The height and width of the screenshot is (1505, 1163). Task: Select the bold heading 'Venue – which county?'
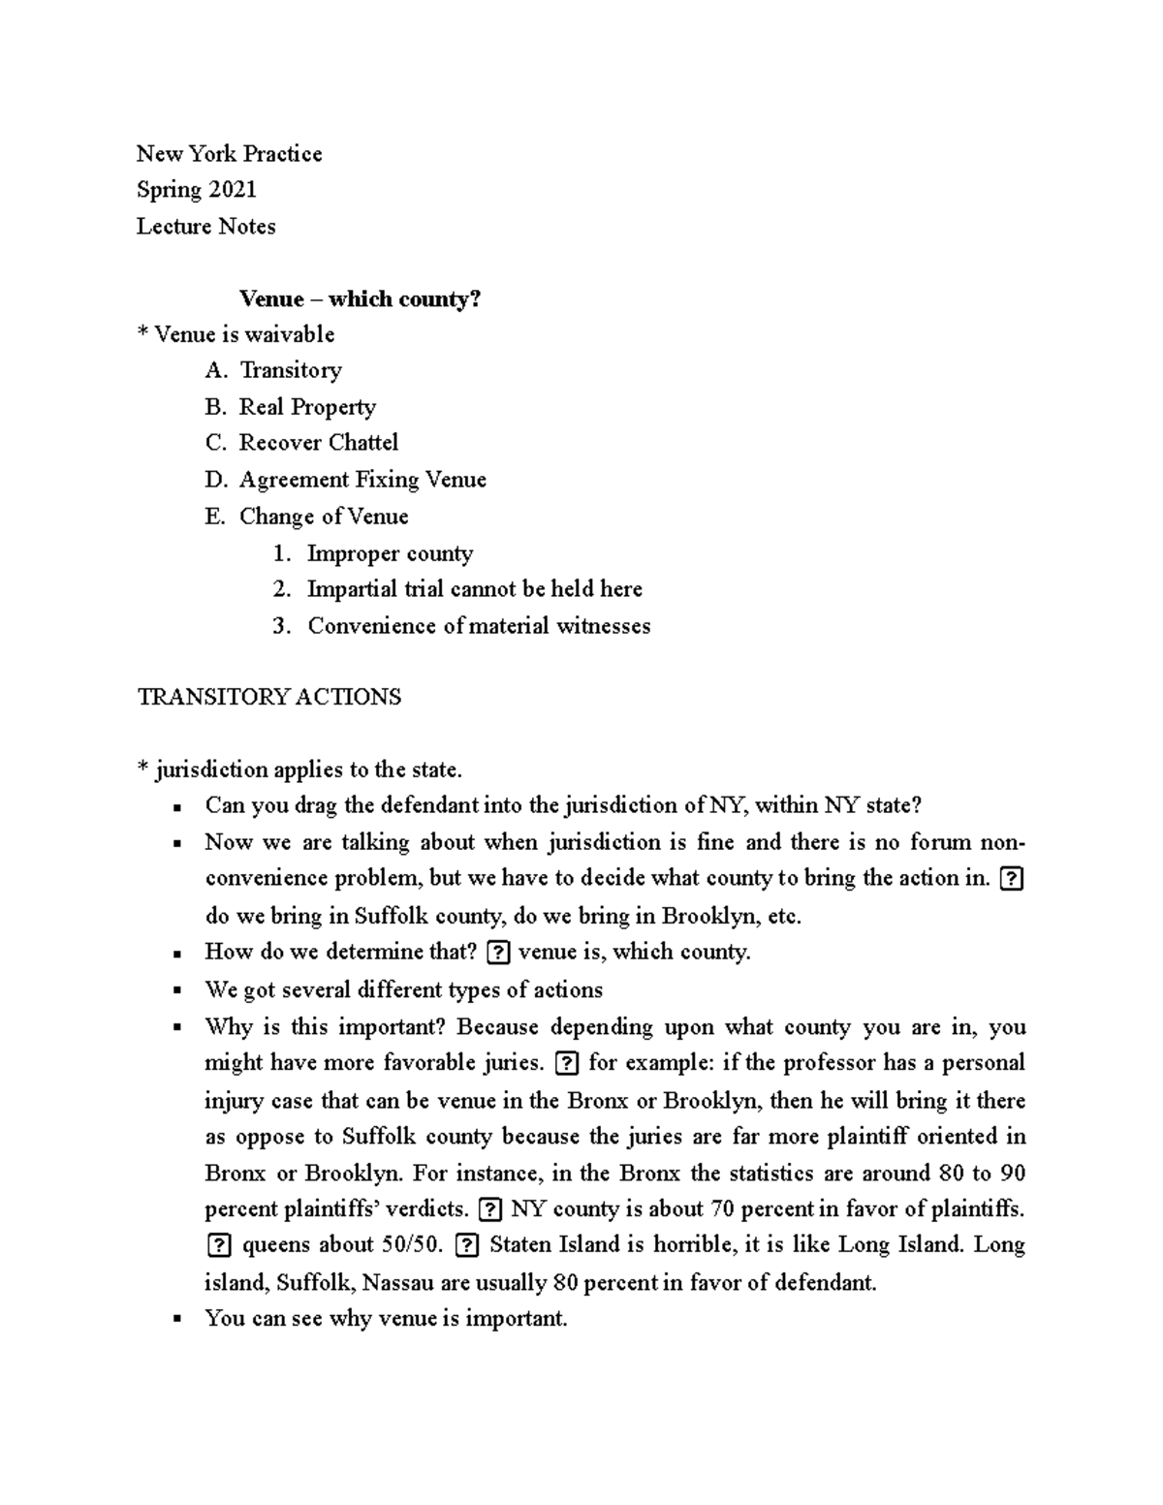point(360,298)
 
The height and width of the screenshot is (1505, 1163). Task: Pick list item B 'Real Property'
point(307,407)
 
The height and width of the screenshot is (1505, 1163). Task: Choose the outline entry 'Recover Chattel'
point(319,443)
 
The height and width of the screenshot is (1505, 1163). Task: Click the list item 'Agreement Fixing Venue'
point(362,480)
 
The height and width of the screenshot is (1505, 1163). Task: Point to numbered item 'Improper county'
point(390,553)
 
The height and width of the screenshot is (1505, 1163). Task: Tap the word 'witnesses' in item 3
point(603,626)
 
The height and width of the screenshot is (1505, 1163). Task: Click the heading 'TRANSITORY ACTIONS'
point(269,697)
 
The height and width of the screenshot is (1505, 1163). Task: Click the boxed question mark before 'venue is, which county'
point(497,953)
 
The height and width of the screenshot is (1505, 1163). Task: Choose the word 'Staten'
point(521,1245)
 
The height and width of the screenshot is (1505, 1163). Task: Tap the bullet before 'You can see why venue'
point(177,1319)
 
